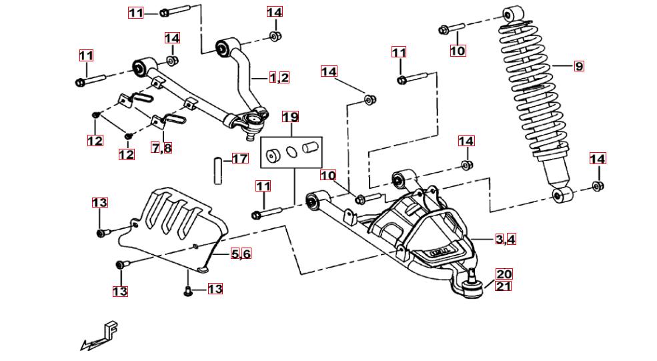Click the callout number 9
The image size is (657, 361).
[578, 66]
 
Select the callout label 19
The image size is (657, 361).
[289, 117]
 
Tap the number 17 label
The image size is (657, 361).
[239, 159]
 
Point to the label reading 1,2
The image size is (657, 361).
[279, 77]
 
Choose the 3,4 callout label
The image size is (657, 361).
[505, 240]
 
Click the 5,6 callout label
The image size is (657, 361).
[241, 254]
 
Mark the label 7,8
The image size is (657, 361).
[161, 147]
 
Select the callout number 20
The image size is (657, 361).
[504, 274]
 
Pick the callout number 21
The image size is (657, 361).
[504, 286]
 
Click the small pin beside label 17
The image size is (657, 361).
[216, 169]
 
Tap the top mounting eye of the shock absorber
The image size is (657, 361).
[512, 15]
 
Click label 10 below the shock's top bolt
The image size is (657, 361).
[457, 51]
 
